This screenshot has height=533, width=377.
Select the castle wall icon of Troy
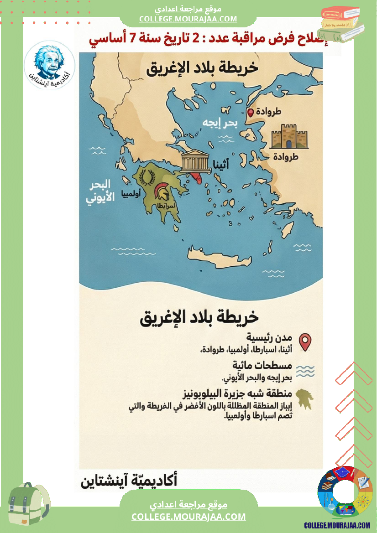tap(289, 136)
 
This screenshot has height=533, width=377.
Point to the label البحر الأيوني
tap(99, 192)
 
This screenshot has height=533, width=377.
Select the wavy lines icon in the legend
tap(305, 370)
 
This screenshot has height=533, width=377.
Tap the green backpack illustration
tap(28, 504)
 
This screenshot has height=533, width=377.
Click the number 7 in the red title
tap(133, 38)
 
